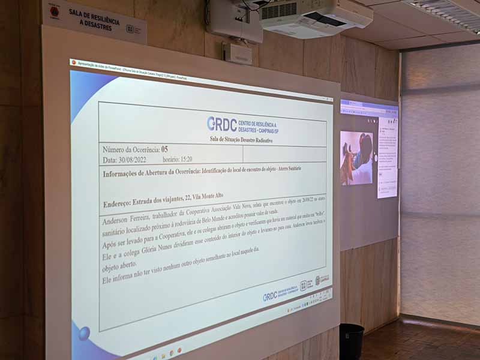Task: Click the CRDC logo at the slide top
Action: point(222,124)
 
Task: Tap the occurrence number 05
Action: point(165,149)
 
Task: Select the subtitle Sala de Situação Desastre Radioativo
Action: point(241,140)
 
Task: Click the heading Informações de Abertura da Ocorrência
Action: point(151,174)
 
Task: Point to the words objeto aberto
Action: point(119,269)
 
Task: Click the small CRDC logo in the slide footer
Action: point(269,296)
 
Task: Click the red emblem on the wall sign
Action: point(54,10)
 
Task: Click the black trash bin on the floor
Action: point(351,341)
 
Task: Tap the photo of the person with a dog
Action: point(356,158)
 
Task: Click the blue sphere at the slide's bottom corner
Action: point(84,334)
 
